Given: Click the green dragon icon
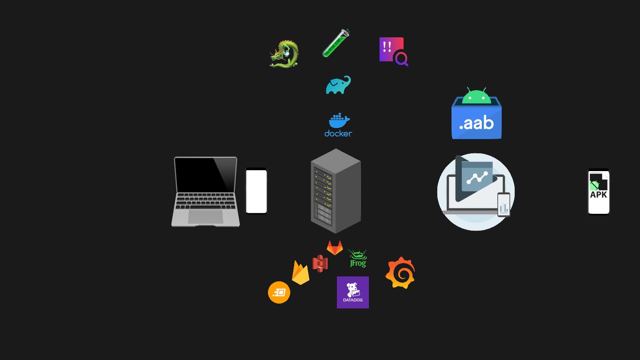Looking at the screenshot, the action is [x=284, y=54].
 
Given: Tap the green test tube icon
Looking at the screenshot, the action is [x=336, y=44].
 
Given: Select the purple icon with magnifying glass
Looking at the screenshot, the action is [x=393, y=51].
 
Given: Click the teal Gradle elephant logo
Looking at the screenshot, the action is [x=338, y=85].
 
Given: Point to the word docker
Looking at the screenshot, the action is [x=338, y=133].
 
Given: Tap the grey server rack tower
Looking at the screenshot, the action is [x=336, y=191].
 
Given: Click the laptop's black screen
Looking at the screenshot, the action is [x=205, y=175].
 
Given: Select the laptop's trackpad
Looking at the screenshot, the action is [x=205, y=216].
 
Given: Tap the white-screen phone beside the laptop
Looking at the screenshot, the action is [x=256, y=191].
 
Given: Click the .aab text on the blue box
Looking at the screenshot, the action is [x=476, y=123].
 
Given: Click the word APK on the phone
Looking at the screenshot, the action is [x=599, y=195].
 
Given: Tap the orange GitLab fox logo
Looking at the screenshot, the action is [x=335, y=248].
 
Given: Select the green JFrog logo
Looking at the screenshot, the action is [x=358, y=259].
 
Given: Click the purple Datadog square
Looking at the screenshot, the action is [x=353, y=292].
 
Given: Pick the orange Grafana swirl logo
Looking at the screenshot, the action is [x=400, y=272].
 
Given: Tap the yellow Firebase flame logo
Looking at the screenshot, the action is [x=300, y=273].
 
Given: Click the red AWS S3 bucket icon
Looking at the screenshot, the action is [x=320, y=263].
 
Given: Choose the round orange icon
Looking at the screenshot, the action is [x=279, y=292].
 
